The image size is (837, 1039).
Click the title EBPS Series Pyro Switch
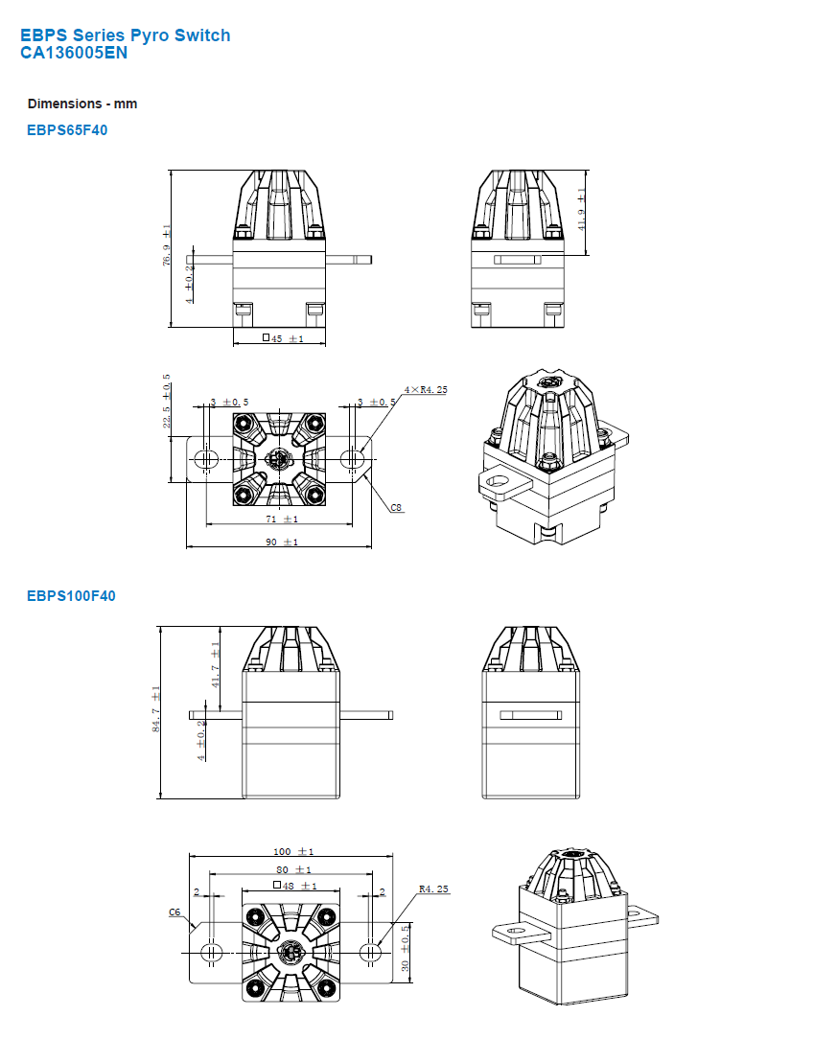pyautogui.click(x=125, y=35)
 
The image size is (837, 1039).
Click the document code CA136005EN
pyautogui.click(x=74, y=53)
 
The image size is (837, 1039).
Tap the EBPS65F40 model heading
pyautogui.click(x=67, y=130)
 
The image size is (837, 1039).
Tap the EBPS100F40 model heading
pyautogui.click(x=71, y=596)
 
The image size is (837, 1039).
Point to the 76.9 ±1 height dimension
pyautogui.click(x=167, y=246)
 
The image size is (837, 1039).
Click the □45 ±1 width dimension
pyautogui.click(x=283, y=338)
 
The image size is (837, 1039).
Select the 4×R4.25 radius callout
pyautogui.click(x=426, y=390)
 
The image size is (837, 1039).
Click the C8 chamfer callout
pyautogui.click(x=396, y=507)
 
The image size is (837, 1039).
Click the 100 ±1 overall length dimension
pyautogui.click(x=293, y=851)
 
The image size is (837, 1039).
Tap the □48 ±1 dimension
pyautogui.click(x=294, y=886)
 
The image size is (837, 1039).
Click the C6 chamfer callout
pyautogui.click(x=175, y=912)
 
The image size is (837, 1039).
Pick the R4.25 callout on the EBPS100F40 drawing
pyautogui.click(x=434, y=889)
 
